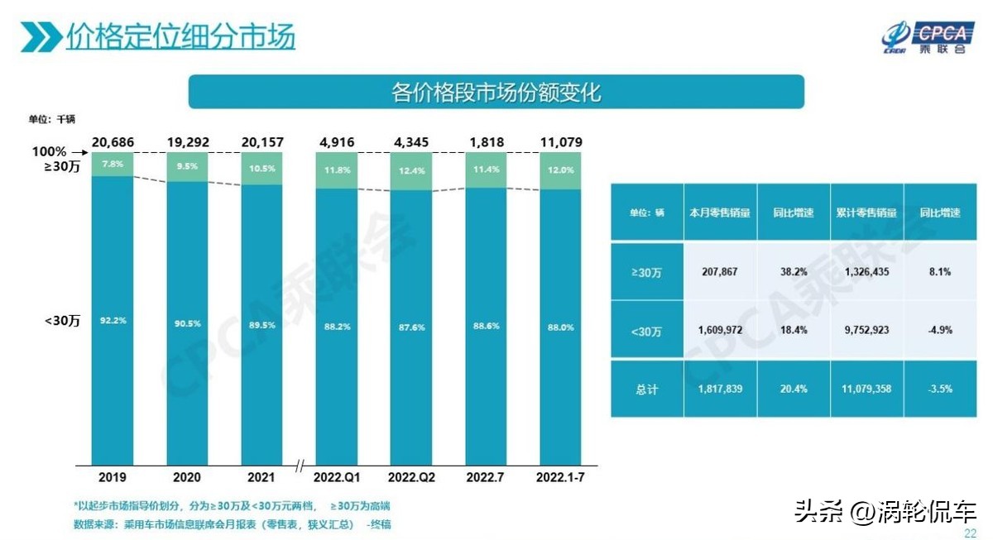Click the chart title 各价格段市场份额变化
click(x=496, y=92)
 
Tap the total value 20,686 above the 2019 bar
click(x=113, y=142)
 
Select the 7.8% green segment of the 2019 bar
click(x=113, y=164)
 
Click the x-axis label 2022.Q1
click(x=336, y=478)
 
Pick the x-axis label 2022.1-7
click(x=561, y=478)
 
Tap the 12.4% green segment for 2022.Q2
click(x=411, y=171)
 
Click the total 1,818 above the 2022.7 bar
click(x=487, y=142)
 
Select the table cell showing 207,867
click(x=719, y=270)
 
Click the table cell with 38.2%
click(x=793, y=270)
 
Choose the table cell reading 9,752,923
click(x=866, y=329)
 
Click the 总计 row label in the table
click(x=646, y=389)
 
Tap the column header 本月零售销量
click(x=719, y=213)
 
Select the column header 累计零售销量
click(x=866, y=213)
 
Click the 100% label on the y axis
click(x=49, y=152)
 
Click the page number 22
click(x=970, y=533)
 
